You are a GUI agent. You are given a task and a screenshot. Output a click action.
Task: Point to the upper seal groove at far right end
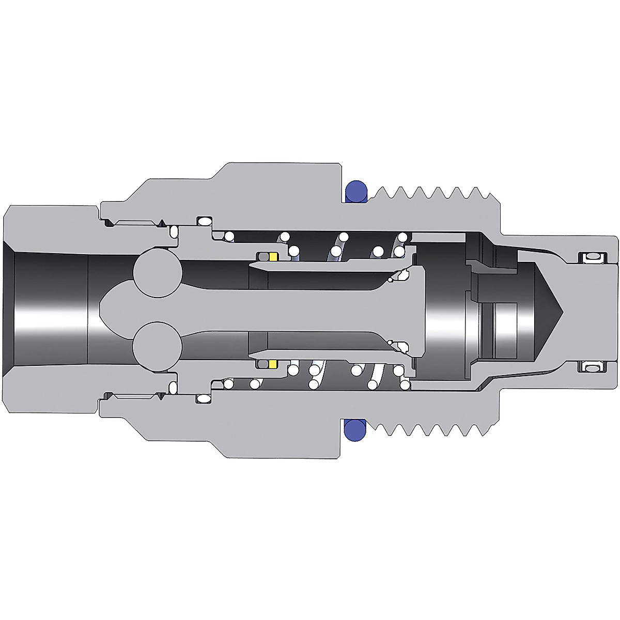(x=592, y=257)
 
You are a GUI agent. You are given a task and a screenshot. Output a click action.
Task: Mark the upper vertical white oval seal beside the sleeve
(x=174, y=231)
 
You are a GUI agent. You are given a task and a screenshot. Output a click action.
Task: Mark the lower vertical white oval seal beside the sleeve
(x=174, y=387)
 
